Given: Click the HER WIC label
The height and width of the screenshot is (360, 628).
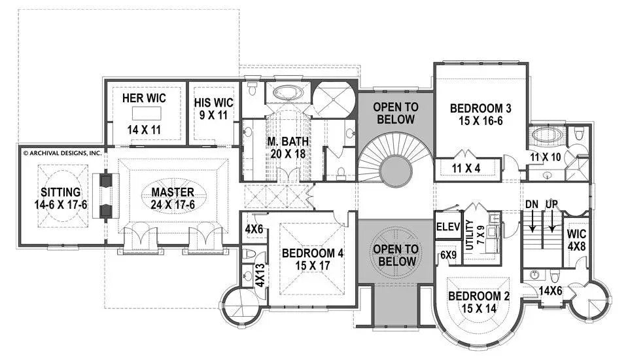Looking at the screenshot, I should (x=144, y=98).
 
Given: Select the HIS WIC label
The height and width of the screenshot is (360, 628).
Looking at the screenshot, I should (x=213, y=102).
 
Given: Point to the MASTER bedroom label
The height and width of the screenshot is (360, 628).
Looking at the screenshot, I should (x=173, y=192).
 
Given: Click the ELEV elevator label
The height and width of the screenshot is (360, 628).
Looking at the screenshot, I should (x=448, y=228).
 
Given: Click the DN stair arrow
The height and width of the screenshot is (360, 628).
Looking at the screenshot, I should (x=532, y=219).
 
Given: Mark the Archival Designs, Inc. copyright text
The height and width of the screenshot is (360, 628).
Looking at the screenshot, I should (x=63, y=153).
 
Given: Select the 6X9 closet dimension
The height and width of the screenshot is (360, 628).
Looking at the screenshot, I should (x=448, y=254).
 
